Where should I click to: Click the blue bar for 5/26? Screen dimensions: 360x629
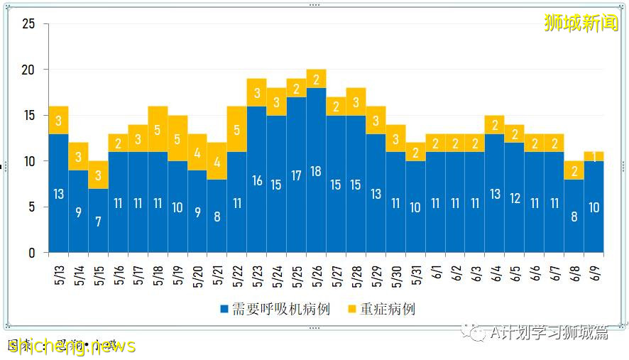pos(316,170)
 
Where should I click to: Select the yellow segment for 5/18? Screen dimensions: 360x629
pos(158,129)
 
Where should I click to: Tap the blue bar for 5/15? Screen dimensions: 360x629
pos(98,220)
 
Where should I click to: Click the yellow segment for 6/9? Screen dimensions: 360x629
pos(594,156)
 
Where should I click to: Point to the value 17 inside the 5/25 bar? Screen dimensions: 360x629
pos(296,175)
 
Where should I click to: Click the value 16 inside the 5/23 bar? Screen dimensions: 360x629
pos(256,180)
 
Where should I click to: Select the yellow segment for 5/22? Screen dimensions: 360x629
pos(236,129)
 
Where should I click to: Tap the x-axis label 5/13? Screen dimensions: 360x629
pos(58,274)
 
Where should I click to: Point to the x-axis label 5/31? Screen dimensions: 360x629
pos(415,274)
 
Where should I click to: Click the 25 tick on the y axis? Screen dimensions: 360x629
pos(29,24)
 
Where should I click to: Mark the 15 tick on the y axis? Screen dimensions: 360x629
pos(29,116)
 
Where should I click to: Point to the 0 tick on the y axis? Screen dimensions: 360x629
pos(32,253)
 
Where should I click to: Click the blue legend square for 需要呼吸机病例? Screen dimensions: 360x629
pos(224,310)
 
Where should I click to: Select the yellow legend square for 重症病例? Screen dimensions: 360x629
pos(352,310)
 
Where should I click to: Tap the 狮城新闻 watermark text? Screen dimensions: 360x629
pos(581,24)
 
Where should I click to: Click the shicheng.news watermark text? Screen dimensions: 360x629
pos(71,346)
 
